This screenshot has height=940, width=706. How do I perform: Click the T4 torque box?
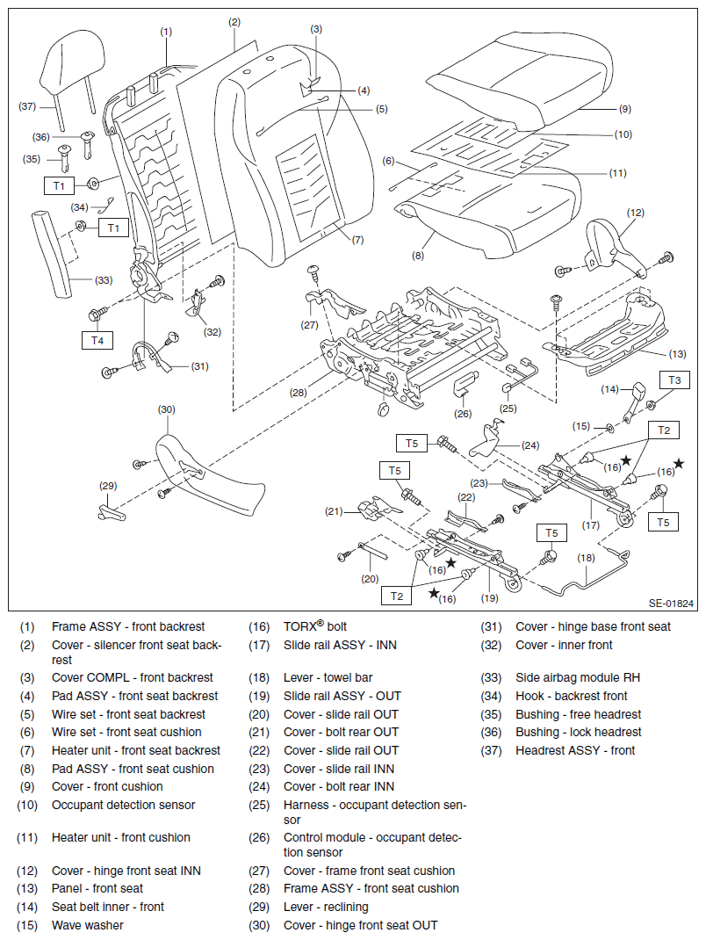click(x=97, y=339)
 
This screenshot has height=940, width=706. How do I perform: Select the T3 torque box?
click(x=674, y=380)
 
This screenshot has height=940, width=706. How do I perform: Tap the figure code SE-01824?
click(x=672, y=604)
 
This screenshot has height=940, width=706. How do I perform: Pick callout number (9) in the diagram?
click(x=624, y=109)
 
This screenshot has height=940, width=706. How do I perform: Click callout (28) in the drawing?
click(x=299, y=393)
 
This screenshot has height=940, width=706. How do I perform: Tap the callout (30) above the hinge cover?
click(x=166, y=409)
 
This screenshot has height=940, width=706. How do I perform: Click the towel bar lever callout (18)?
click(x=586, y=557)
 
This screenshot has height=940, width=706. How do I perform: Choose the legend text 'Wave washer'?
click(x=88, y=925)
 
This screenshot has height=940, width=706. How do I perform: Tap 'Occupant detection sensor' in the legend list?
click(x=124, y=805)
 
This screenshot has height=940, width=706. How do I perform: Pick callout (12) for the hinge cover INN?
click(x=635, y=213)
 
